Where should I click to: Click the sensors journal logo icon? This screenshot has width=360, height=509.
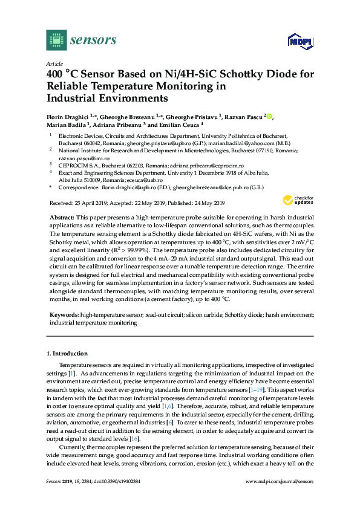point(56,40)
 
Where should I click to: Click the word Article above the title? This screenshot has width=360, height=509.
point(54,63)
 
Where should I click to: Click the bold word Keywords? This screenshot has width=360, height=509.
point(64,315)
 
